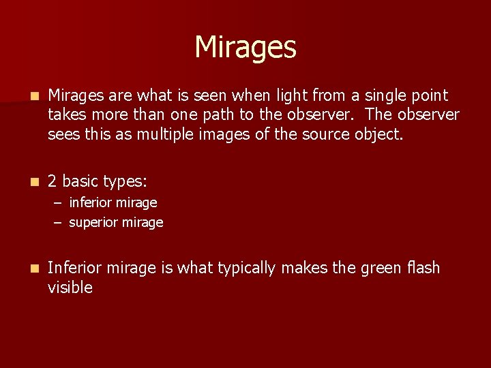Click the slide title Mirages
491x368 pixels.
[x=245, y=48]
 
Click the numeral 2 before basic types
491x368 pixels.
[x=53, y=181]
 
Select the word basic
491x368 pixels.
[x=80, y=181]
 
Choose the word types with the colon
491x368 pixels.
[x=125, y=181]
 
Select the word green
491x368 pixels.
[x=362, y=269]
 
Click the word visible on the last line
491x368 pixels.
[x=70, y=288]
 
